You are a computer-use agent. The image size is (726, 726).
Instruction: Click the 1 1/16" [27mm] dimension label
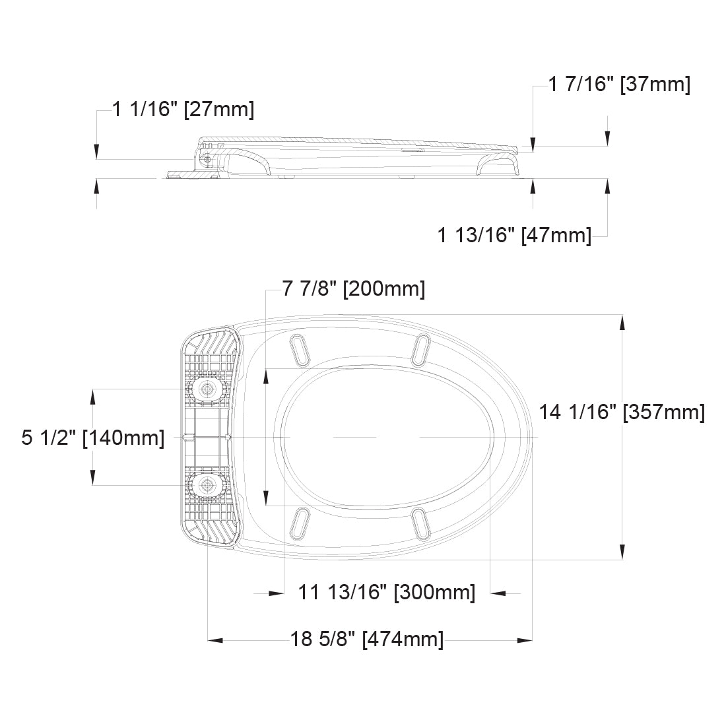pyautogui.click(x=183, y=110)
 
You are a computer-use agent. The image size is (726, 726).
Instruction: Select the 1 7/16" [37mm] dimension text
pyautogui.click(x=619, y=84)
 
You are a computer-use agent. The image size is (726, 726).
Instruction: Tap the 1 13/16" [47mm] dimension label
pyautogui.click(x=514, y=234)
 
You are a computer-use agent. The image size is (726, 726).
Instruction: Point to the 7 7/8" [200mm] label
pyautogui.click(x=353, y=289)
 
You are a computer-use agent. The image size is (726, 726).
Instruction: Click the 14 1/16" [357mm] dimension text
pyautogui.click(x=622, y=412)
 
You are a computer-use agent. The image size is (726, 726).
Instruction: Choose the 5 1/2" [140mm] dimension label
pyautogui.click(x=93, y=438)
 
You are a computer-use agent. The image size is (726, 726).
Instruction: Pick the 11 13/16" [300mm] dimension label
pyautogui.click(x=386, y=592)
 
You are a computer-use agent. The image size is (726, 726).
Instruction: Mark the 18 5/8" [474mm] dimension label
pyautogui.click(x=367, y=639)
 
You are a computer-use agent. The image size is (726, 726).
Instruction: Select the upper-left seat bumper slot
pyautogui.click(x=300, y=348)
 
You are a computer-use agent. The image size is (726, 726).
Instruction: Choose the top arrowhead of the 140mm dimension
pyautogui.click(x=93, y=395)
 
